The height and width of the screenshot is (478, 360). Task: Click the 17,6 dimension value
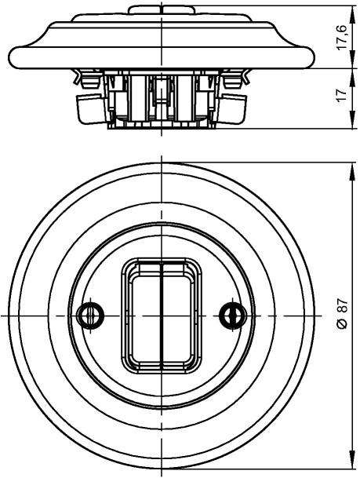343,37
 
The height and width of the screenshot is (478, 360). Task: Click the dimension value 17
343,95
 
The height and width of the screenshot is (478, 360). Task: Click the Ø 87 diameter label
342,314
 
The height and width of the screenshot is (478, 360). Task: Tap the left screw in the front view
90,316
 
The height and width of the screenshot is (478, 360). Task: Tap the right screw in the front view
233,316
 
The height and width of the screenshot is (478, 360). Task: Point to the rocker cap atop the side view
162,9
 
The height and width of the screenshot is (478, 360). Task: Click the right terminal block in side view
233,109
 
